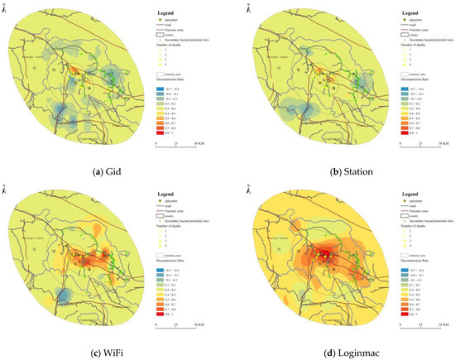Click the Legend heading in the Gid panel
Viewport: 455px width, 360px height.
pos(165,14)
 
